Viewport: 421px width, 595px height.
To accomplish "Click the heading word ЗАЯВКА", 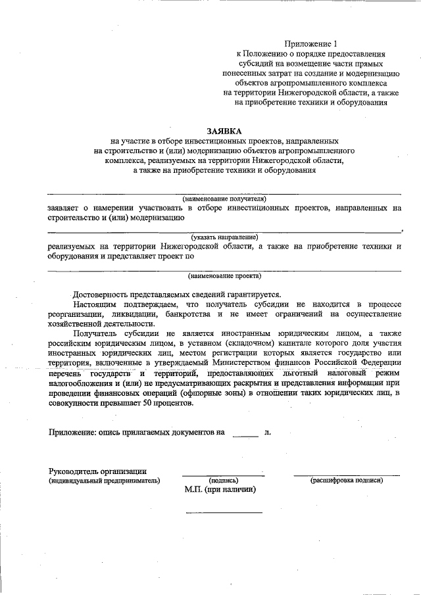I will [225, 131].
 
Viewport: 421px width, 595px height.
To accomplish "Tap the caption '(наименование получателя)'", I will [224, 198].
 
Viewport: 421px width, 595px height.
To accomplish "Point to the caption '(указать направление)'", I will [225, 237].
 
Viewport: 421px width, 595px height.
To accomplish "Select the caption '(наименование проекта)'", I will [224, 275].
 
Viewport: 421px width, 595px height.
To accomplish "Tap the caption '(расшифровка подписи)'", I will [347, 481].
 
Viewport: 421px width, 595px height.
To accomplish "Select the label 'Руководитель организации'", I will [98, 471].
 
